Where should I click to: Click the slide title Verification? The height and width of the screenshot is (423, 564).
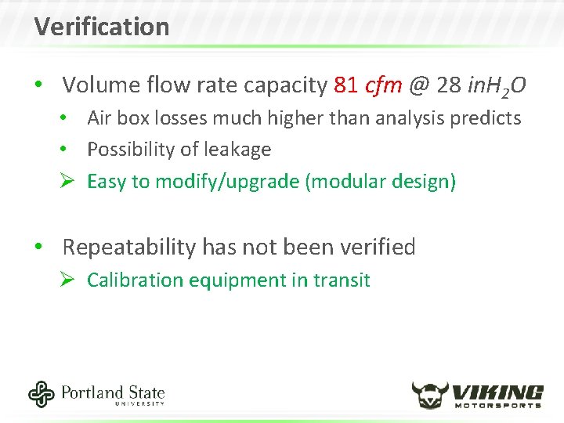click(x=102, y=27)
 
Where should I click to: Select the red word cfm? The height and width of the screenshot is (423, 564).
click(x=383, y=85)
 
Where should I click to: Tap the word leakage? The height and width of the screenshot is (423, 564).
click(x=238, y=150)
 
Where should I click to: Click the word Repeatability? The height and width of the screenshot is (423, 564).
click(x=129, y=248)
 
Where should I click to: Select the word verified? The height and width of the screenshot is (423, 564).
click(x=378, y=248)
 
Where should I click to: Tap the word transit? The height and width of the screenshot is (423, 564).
click(x=342, y=280)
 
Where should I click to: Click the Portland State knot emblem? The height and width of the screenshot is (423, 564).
click(x=42, y=394)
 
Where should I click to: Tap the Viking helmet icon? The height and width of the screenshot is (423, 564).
click(x=429, y=395)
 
